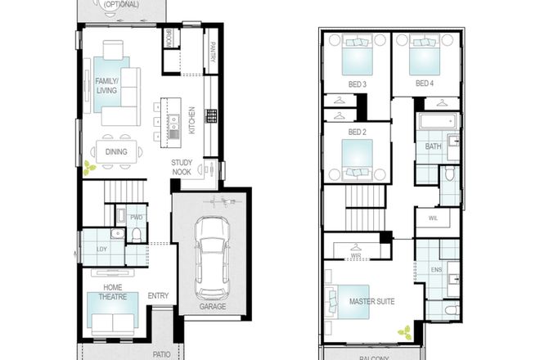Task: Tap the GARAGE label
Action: [x=212, y=307]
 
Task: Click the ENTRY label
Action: [x=158, y=296]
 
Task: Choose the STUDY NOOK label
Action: [x=182, y=167]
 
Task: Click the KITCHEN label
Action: [x=191, y=120]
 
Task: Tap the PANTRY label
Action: [x=212, y=52]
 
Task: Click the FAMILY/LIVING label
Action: [x=106, y=86]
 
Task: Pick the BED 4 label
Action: [x=424, y=83]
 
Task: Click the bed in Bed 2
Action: [x=357, y=155]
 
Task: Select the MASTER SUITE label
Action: [x=371, y=302]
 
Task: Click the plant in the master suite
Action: [x=404, y=332]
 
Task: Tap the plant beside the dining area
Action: [x=88, y=168]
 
